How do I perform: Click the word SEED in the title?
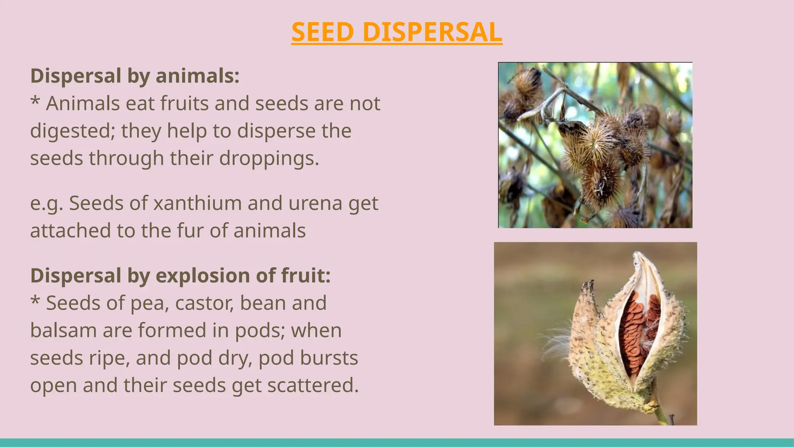coord(323,32)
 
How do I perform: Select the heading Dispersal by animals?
coord(135,76)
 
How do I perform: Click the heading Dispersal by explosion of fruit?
coord(181,275)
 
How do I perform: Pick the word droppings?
coord(269,159)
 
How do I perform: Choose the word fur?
coord(190,231)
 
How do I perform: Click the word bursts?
coord(331,358)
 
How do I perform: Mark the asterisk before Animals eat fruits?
coord(35,102)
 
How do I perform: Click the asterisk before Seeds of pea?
coord(35,301)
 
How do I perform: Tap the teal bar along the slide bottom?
coord(397,443)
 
